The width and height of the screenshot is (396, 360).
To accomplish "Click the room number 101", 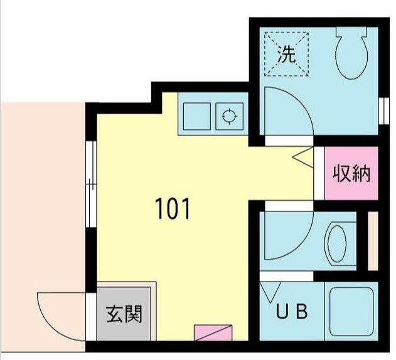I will click(173, 209).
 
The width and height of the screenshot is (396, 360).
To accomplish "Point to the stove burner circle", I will click(229, 116).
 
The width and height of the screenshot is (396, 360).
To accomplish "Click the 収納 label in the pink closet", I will click(351, 173).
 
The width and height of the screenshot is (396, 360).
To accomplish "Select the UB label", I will click(292, 312).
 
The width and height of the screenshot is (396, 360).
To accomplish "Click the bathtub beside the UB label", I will click(350, 311).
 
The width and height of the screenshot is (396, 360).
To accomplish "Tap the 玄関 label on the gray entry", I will click(123, 312).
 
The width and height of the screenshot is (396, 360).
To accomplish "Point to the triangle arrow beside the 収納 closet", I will click(302, 157).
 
